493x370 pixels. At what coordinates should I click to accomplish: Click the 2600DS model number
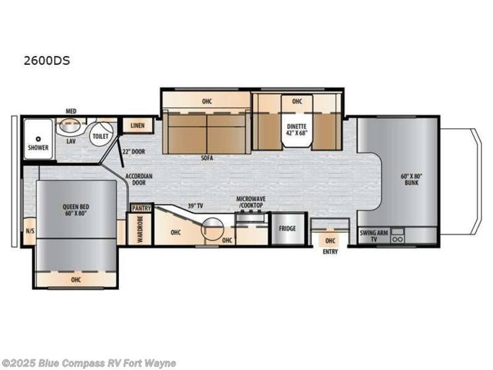tap(47, 60)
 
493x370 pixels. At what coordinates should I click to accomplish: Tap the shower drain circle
tap(38, 139)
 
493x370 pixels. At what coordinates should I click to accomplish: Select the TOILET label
tap(100, 136)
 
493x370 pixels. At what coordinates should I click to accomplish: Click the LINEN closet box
tap(137, 126)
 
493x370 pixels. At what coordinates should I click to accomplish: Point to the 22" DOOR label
tap(133, 152)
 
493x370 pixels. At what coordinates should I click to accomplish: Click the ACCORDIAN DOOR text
tap(139, 179)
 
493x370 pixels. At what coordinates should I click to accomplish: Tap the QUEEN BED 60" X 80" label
tap(76, 209)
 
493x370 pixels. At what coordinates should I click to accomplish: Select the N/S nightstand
tap(30, 231)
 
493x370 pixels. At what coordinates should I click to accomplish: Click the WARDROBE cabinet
tap(140, 229)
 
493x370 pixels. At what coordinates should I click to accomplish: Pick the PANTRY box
tap(141, 208)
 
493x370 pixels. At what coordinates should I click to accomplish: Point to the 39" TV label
tap(195, 206)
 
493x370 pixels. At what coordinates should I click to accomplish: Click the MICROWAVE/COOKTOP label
tap(251, 202)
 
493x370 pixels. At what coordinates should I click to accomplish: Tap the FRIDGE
tap(287, 229)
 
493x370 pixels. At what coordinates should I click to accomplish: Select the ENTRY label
tap(330, 252)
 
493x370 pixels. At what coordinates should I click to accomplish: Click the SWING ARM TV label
tap(374, 236)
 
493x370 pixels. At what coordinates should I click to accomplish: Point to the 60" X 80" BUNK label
tap(411, 180)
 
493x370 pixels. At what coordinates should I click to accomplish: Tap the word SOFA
tap(207, 158)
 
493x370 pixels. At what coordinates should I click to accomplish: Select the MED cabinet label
tap(71, 111)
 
